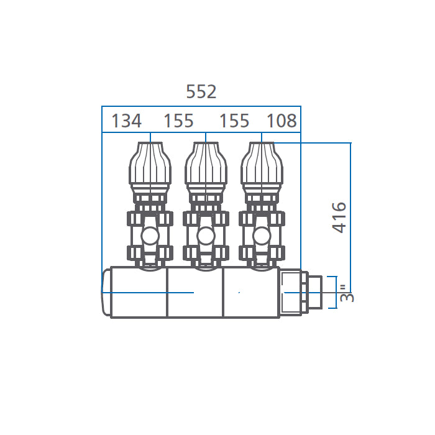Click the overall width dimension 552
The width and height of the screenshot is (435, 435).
click(201, 91)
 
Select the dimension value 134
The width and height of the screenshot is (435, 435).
click(126, 121)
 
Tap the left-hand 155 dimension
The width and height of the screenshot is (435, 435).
click(178, 121)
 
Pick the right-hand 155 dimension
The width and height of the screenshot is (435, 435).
click(234, 121)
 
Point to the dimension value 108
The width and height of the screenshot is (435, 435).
click(282, 121)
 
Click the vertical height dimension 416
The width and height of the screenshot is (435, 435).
click(339, 217)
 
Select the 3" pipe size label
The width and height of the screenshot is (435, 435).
click(347, 293)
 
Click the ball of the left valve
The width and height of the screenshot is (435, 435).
click(150, 236)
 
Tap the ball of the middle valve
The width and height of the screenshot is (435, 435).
click(206, 236)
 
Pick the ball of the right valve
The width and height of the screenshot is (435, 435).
click(262, 236)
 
